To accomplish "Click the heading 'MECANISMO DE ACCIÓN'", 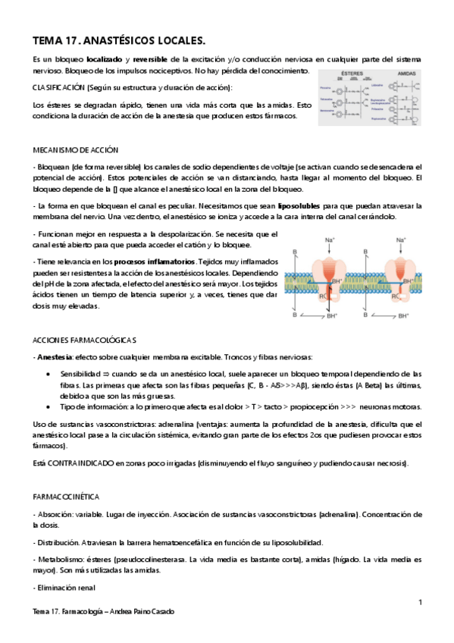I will [75, 149].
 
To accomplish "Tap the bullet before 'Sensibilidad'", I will [50, 375].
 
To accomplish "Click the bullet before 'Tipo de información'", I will [50, 407].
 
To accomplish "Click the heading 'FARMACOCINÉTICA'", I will [66, 497].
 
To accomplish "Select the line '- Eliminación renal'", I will [64, 588].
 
